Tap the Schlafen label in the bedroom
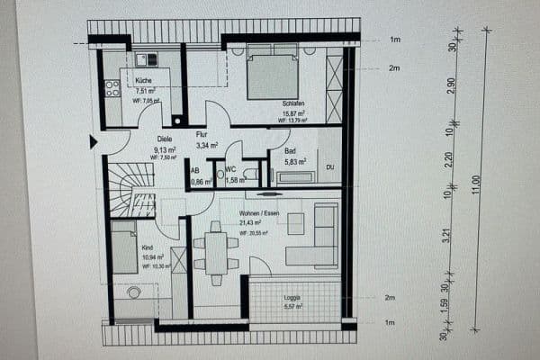[291, 104]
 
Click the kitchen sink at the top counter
[146, 59]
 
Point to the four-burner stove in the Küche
[113, 88]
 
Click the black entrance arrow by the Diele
[94, 141]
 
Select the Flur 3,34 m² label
[204, 139]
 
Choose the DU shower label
[330, 166]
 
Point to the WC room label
[230, 169]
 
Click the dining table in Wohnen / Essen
[216, 252]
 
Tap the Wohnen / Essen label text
[259, 213]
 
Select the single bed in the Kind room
[124, 247]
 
